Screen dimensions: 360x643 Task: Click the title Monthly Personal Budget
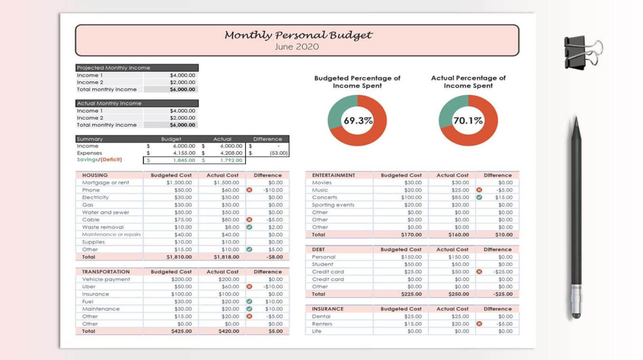tap(298, 35)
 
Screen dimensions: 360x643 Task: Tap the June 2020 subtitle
tap(297, 47)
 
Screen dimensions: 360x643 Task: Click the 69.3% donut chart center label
tap(358, 121)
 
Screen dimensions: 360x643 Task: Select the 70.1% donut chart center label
tap(468, 121)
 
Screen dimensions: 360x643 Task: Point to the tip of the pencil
tap(576, 119)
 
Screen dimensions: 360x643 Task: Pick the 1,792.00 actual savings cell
tap(231, 160)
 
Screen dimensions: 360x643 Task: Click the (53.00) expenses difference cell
tap(279, 153)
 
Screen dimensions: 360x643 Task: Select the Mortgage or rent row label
tap(105, 183)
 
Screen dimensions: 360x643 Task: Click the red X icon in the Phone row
tap(249, 190)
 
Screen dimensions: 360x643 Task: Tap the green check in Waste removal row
tap(249, 227)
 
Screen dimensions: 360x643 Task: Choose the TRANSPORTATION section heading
tap(106, 272)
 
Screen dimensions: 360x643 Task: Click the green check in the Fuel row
tap(249, 301)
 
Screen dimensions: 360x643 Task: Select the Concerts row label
tap(324, 197)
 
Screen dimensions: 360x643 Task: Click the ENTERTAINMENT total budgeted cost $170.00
tap(411, 234)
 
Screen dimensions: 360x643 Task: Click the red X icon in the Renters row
tap(479, 324)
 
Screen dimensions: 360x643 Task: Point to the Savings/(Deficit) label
tap(99, 160)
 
